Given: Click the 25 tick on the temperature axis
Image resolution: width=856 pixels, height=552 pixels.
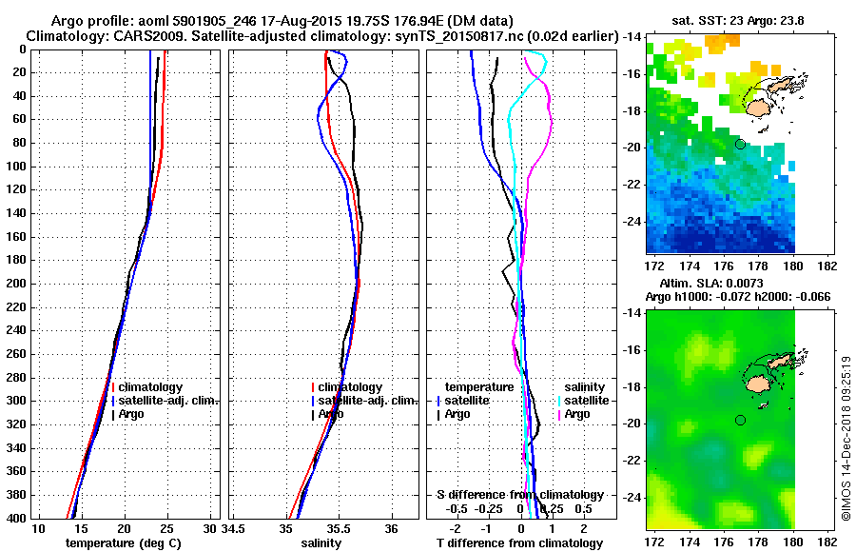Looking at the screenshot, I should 167,528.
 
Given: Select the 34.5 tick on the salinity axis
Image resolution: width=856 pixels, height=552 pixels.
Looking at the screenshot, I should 234,528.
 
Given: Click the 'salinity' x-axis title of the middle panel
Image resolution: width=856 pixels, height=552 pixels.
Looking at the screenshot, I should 323,543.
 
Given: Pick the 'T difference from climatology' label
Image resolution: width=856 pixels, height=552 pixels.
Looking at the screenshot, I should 520,543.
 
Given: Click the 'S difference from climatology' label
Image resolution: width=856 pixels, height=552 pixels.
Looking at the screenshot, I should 520,495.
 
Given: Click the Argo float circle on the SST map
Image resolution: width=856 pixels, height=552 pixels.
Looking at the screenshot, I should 740,144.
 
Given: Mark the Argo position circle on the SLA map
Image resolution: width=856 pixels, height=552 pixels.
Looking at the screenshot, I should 740,420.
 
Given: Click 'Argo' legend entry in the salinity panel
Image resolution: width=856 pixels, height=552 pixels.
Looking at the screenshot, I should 331,414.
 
